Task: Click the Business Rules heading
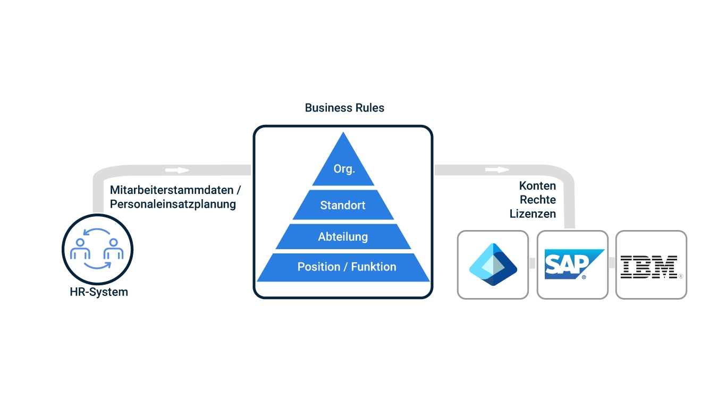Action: pos(344,108)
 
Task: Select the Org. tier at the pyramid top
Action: pos(344,169)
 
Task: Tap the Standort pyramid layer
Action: pos(343,205)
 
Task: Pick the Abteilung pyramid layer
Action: pos(343,237)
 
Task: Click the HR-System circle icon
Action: pos(97,249)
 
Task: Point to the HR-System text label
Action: pos(99,292)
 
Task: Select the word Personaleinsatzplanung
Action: pos(173,204)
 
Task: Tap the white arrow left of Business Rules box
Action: pos(177,171)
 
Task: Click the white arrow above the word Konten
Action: pos(496,170)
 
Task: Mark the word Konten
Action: pos(537,186)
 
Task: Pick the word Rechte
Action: pos(538,200)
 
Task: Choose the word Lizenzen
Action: pos(533,214)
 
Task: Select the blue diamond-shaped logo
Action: pos(493,265)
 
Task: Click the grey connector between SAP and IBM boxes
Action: pos(612,263)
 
